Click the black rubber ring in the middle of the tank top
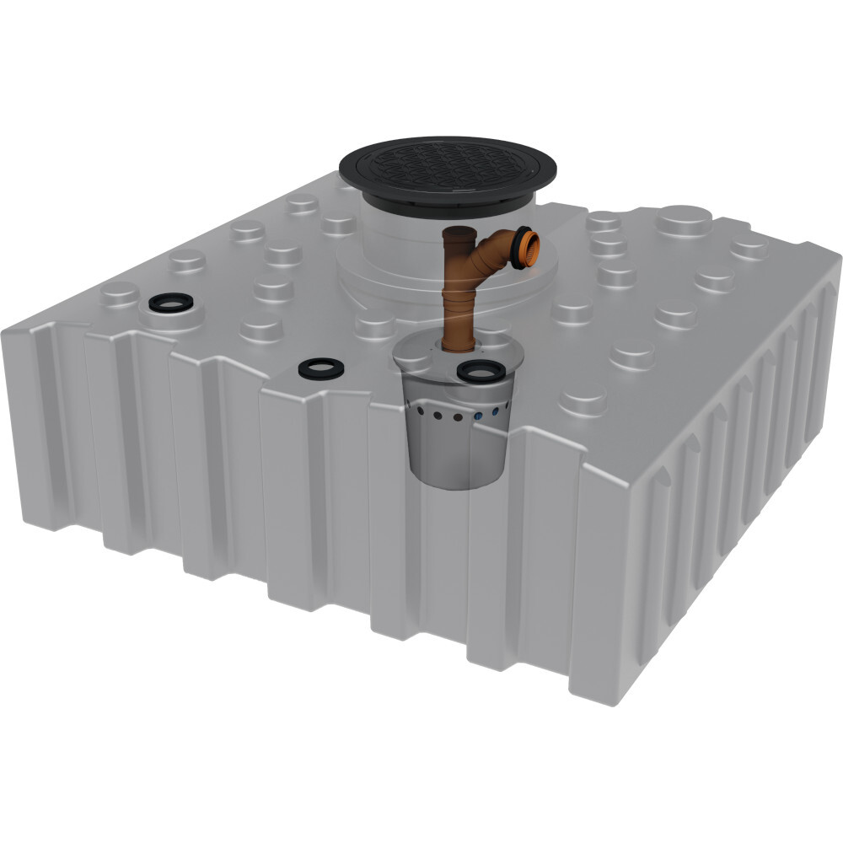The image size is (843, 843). (x=320, y=368)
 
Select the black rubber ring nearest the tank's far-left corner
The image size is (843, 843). (x=169, y=302)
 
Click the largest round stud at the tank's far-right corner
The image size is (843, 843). (x=683, y=221)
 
